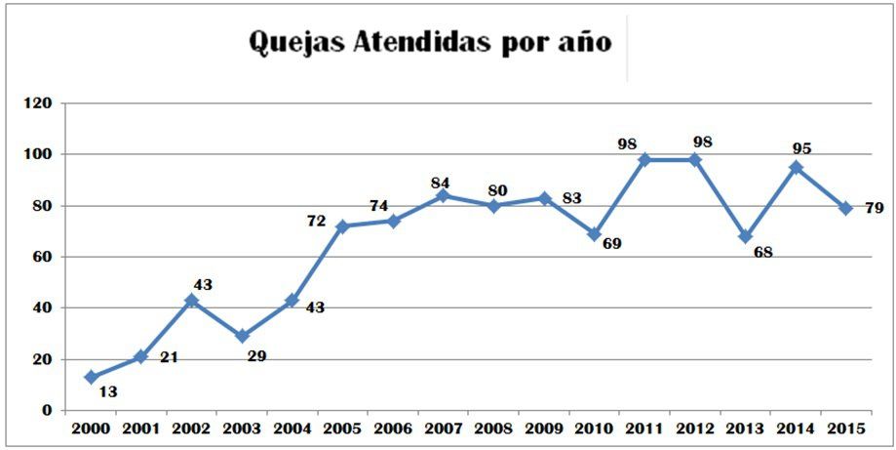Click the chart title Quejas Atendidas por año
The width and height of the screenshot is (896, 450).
coord(430,42)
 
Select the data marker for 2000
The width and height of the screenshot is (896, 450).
coord(91,377)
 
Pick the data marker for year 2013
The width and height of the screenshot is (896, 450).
coord(745,236)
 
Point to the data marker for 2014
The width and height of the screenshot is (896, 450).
coord(796,167)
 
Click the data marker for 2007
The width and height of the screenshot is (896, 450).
coord(444,195)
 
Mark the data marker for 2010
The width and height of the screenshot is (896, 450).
coord(594,234)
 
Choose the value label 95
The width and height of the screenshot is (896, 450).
coord(801,149)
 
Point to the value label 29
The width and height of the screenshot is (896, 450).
coord(257,356)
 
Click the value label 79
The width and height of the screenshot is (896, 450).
coord(874,209)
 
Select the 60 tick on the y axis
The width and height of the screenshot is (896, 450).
coord(42,258)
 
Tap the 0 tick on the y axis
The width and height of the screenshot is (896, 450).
coord(46,411)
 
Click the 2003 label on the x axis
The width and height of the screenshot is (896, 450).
coord(242,430)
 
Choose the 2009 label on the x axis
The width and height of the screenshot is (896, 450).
coord(544,430)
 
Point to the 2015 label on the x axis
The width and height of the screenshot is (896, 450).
coord(846,430)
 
